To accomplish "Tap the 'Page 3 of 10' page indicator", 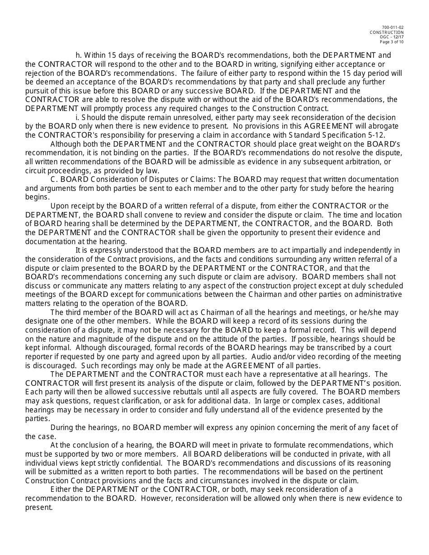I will (x=392, y=42).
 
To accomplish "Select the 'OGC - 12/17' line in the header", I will (x=393, y=37).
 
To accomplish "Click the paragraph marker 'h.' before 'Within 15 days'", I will (x=79, y=55).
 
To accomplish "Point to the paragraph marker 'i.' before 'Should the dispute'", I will (x=77, y=117).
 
